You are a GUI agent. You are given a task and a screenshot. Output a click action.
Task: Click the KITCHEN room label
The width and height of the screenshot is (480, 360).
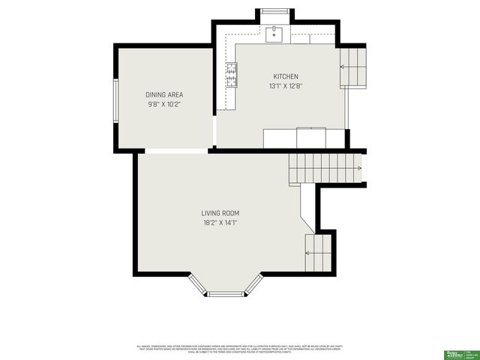tap(286, 76)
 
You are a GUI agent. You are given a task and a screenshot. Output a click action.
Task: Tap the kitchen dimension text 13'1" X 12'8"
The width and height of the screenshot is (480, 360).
tap(286, 86)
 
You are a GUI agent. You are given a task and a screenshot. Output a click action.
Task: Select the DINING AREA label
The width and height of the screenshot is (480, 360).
tap(164, 94)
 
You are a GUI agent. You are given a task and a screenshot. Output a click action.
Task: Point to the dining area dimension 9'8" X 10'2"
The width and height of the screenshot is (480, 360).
tap(164, 104)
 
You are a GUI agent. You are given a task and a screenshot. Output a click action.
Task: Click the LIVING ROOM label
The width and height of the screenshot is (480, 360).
tap(220, 213)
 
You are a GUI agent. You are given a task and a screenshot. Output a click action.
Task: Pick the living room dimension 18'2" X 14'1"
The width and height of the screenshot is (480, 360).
tap(220, 223)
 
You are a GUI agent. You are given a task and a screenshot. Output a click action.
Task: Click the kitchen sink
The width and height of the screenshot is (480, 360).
tap(274, 33)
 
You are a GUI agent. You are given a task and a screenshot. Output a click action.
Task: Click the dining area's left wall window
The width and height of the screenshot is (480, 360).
tap(115, 100)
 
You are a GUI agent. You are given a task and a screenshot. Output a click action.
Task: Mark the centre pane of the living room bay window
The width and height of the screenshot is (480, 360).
tap(225, 294)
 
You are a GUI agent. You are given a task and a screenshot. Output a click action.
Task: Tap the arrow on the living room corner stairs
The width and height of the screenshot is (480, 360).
tap(309, 253)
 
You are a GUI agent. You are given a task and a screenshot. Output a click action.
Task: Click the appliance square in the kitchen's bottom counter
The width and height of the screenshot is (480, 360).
tap(311, 139)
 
